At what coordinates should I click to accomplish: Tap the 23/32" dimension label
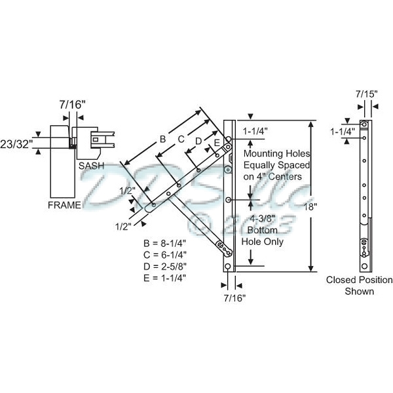pos(16,143)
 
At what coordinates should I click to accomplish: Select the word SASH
pos(91,166)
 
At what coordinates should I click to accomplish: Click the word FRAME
pos(64,205)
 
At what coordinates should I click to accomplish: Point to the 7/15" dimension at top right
pos(367,94)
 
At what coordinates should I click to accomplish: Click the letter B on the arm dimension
pos(162,138)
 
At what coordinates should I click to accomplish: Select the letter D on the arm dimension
pos(198,140)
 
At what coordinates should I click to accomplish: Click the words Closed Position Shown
pos(360,286)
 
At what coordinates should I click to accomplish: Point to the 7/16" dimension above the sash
pos(72,103)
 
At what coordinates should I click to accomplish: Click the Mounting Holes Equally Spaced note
pos(273,164)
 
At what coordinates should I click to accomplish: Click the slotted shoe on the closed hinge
pos(364,248)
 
